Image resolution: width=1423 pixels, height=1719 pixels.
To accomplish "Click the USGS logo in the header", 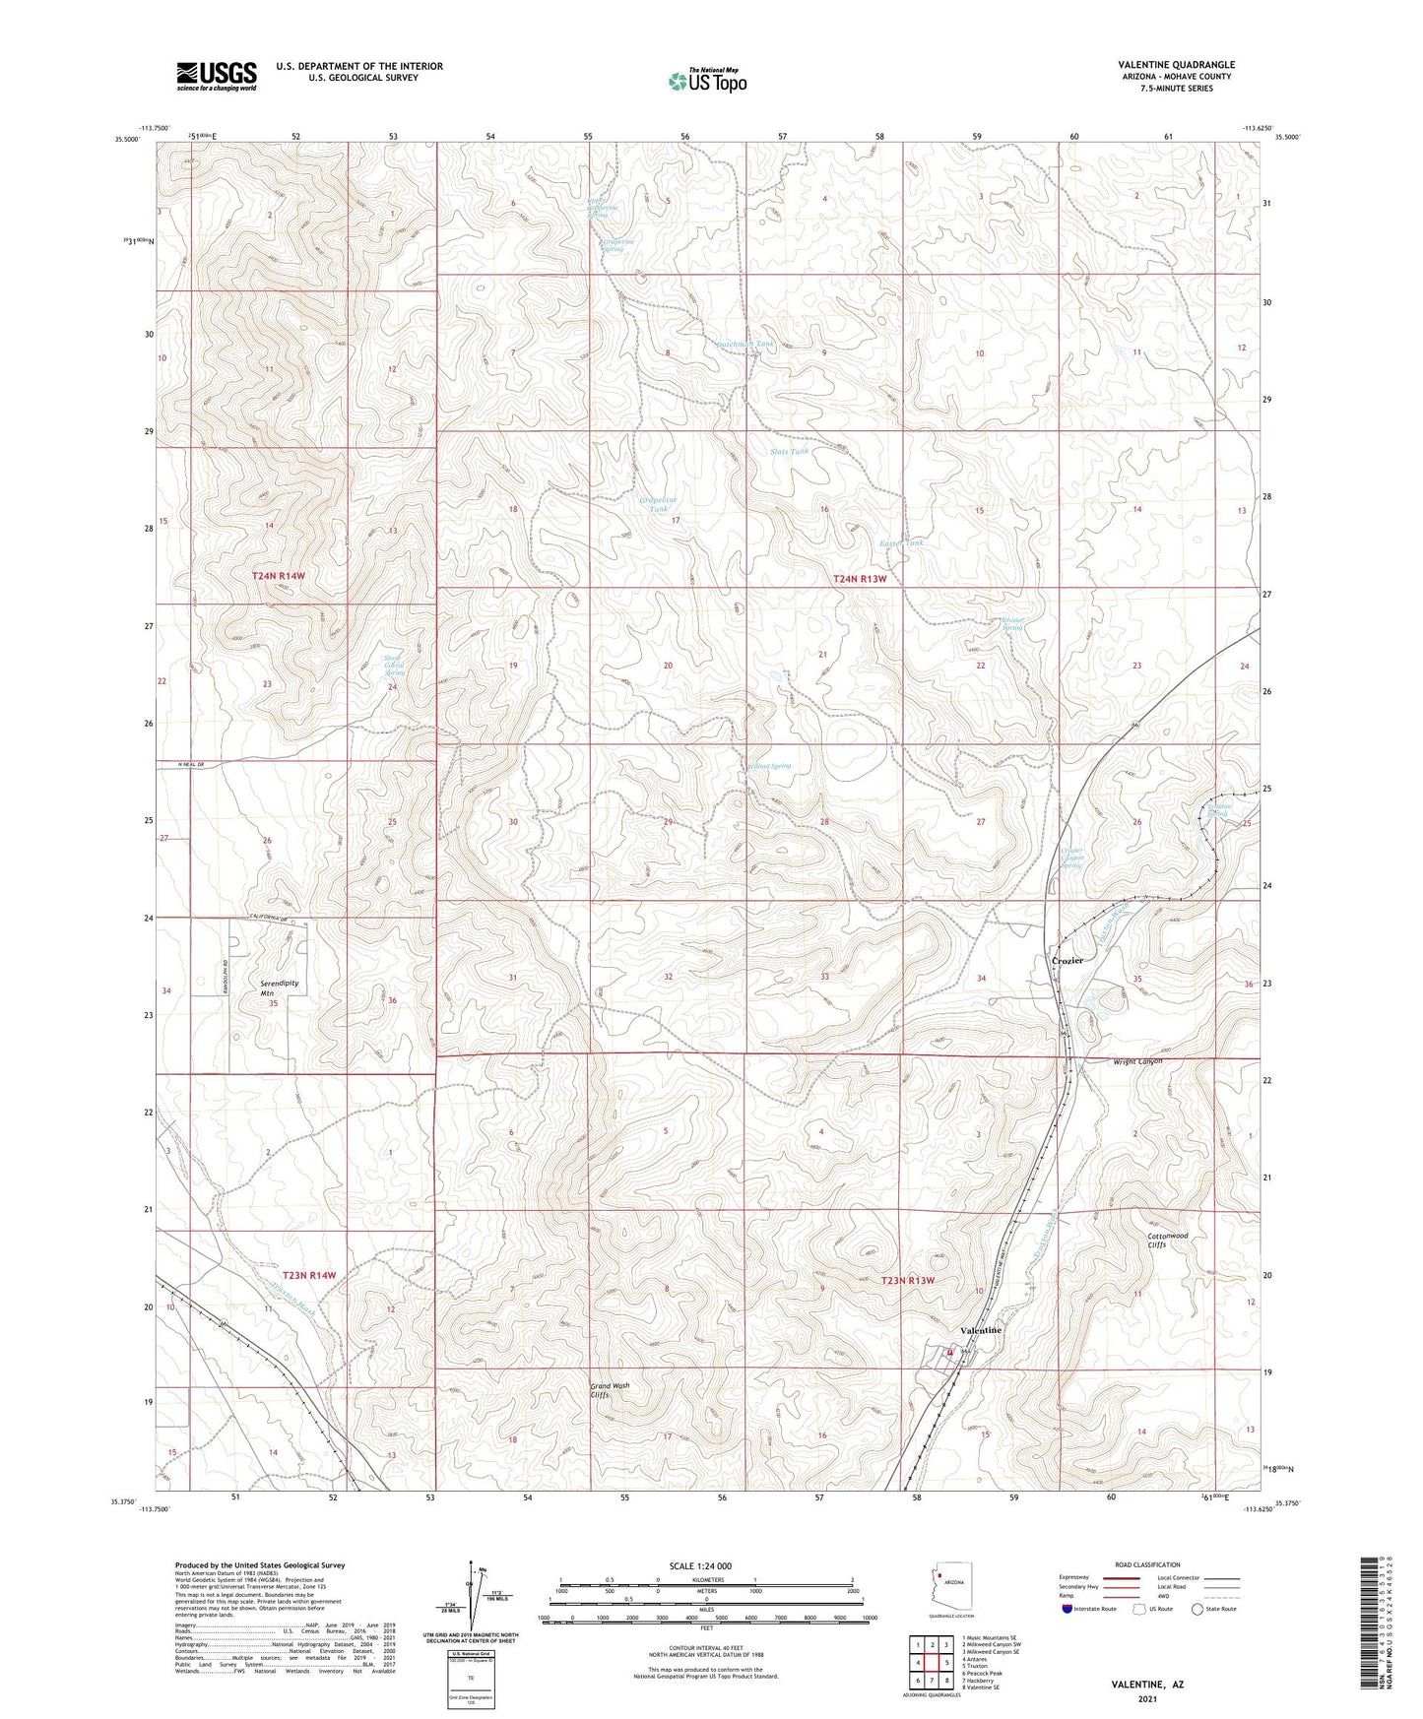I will (217, 75).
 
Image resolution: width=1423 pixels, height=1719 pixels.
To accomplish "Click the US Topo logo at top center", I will (708, 81).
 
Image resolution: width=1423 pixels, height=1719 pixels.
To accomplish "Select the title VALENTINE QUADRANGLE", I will (1176, 65).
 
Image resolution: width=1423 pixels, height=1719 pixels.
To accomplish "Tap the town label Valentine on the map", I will (981, 1330).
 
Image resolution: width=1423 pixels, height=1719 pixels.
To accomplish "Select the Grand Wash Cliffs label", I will (609, 1390).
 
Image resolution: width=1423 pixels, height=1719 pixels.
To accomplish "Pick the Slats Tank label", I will (790, 452).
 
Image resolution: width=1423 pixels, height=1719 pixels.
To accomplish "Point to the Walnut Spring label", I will (769, 766).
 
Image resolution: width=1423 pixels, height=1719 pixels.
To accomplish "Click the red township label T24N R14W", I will (278, 575).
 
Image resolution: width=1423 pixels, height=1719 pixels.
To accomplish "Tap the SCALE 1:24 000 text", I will (700, 1566).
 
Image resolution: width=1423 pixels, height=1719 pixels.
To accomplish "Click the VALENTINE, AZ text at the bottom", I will (1147, 1685).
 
